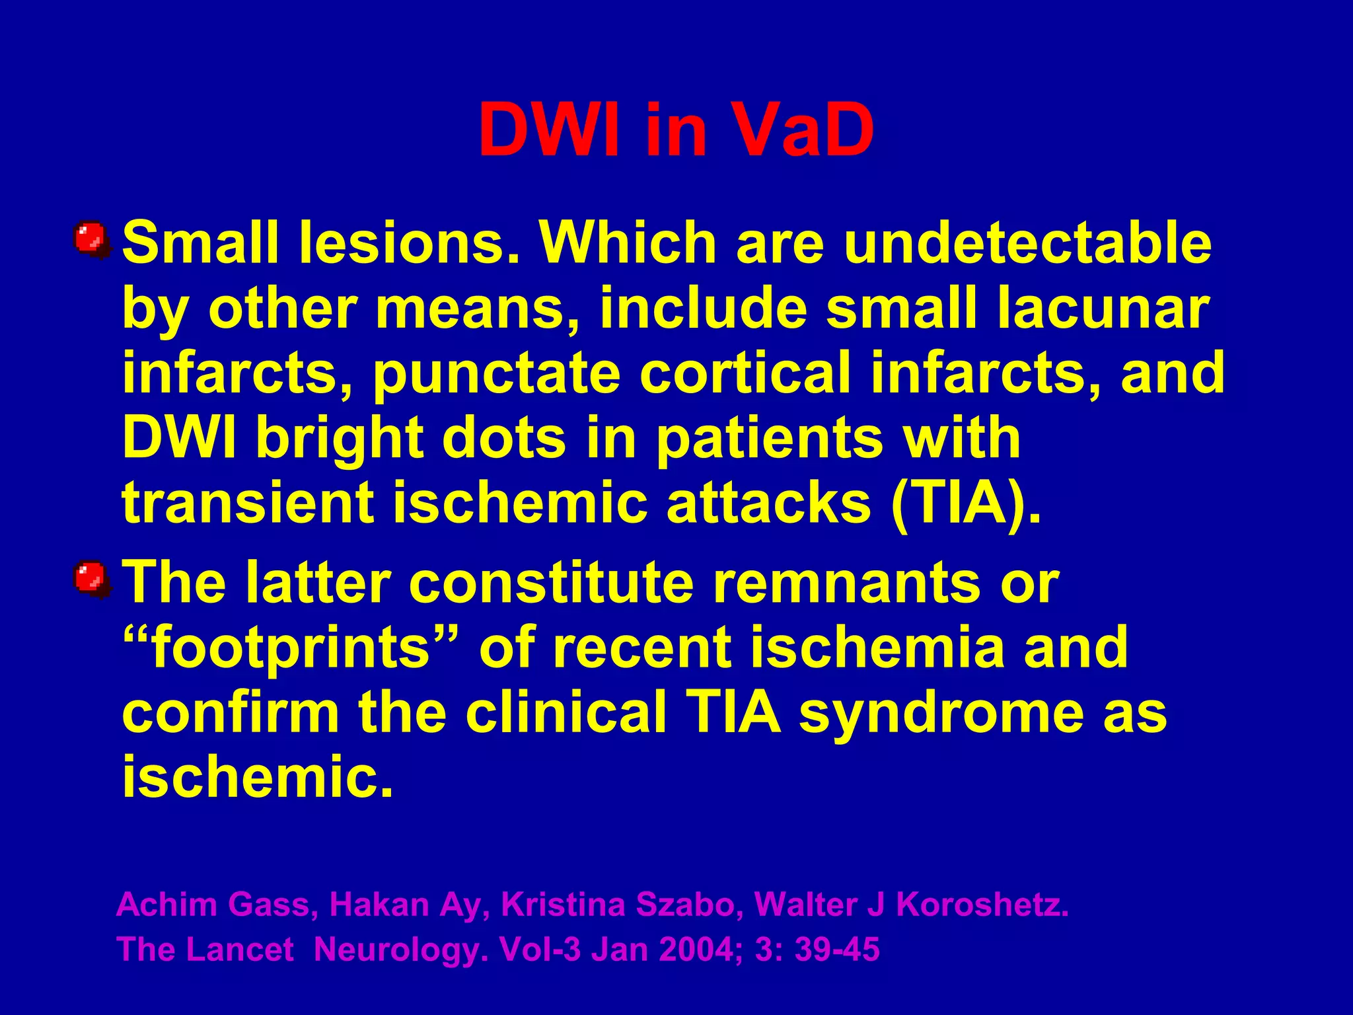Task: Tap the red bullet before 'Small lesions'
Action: point(91,239)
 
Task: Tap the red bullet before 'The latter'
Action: point(91,579)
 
